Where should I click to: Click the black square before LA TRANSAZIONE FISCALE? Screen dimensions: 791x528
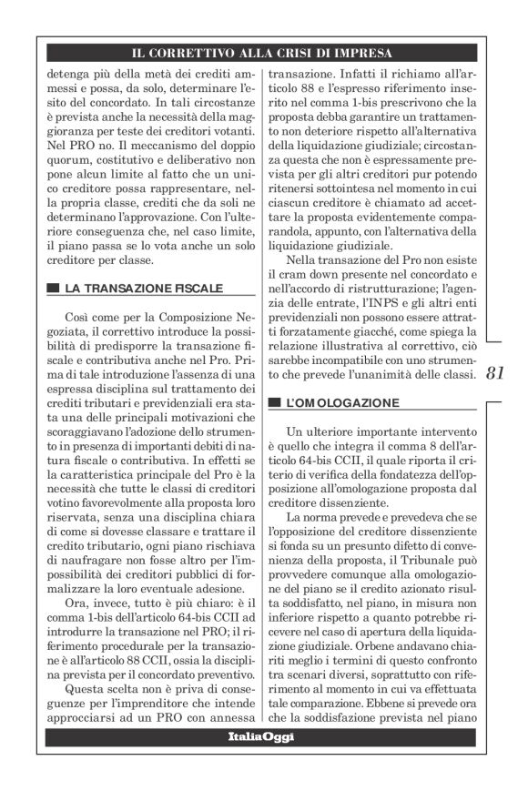pos(53,289)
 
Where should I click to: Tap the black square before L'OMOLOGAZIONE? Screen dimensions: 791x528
pos(273,401)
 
